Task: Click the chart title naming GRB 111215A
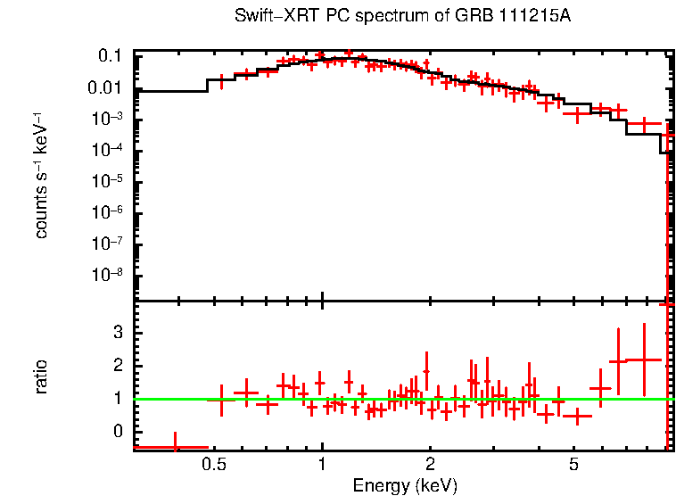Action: click(x=404, y=16)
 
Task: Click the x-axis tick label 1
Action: click(x=322, y=464)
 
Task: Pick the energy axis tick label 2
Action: click(x=430, y=464)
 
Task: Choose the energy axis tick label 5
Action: click(x=573, y=464)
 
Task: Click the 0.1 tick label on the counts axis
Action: click(x=110, y=56)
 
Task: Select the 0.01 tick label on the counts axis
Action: click(x=105, y=87)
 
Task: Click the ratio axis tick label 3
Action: click(x=116, y=332)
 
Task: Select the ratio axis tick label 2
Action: click(x=116, y=366)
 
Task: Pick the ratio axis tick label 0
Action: click(x=116, y=432)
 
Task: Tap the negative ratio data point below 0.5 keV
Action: click(x=175, y=447)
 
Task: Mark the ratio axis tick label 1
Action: click(x=116, y=399)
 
